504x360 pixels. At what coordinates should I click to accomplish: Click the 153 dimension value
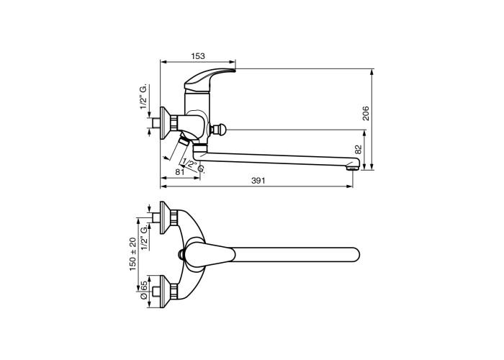point(198,56)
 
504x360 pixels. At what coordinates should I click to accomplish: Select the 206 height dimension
point(366,113)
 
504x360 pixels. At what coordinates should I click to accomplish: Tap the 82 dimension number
point(359,150)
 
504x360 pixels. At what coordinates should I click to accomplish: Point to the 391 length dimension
point(258,181)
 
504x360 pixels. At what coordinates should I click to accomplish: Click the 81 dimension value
point(180,172)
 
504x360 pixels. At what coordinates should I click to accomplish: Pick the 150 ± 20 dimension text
point(132,254)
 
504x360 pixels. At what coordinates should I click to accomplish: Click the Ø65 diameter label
point(144,290)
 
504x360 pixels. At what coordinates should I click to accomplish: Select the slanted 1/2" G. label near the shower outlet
point(193,166)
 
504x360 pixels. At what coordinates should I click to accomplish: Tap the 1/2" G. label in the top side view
point(144,97)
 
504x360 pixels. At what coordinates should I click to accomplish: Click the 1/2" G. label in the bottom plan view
point(144,237)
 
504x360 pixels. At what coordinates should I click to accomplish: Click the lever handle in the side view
point(209,79)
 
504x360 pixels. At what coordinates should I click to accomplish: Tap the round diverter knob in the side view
point(219,130)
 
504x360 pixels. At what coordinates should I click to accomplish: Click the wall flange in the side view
point(166,122)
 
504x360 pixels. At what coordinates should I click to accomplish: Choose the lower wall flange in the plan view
point(166,292)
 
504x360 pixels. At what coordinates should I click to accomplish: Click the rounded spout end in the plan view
point(353,255)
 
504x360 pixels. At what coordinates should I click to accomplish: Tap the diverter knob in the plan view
point(181,255)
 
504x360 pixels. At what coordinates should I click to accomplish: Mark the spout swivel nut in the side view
point(200,148)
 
